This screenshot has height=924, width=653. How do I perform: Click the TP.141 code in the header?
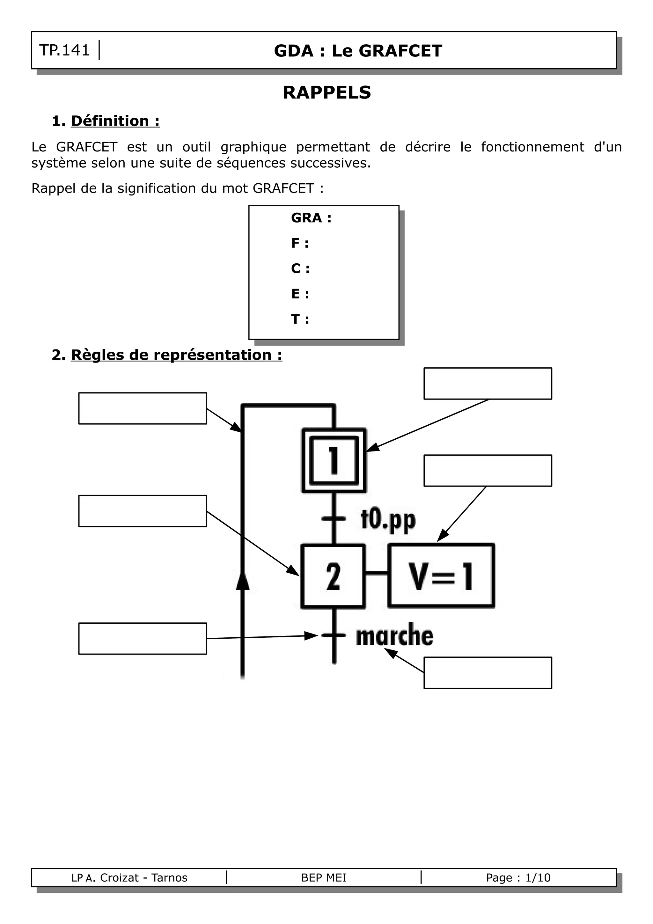pos(64,50)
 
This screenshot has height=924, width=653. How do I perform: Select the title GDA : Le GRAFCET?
pos(358,51)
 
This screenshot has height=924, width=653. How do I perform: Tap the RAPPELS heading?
pos(327,92)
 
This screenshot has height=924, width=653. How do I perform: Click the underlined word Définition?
pos(110,121)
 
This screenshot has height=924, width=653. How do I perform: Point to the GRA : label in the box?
pos(311,218)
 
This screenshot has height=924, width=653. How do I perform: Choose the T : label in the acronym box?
pos(300,319)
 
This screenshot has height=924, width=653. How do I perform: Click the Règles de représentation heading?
pos(176,355)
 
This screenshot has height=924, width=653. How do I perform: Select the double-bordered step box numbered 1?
pos(334,460)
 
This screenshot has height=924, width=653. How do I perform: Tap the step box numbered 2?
pos(333,576)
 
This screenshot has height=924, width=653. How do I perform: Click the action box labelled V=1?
pos(441,576)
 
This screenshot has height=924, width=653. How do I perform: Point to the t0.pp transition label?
pos(388,520)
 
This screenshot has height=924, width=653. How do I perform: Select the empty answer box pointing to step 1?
pos(488,384)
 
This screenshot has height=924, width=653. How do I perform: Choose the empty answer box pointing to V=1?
pos(488,471)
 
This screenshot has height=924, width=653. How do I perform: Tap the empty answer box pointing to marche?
pos(488,672)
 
